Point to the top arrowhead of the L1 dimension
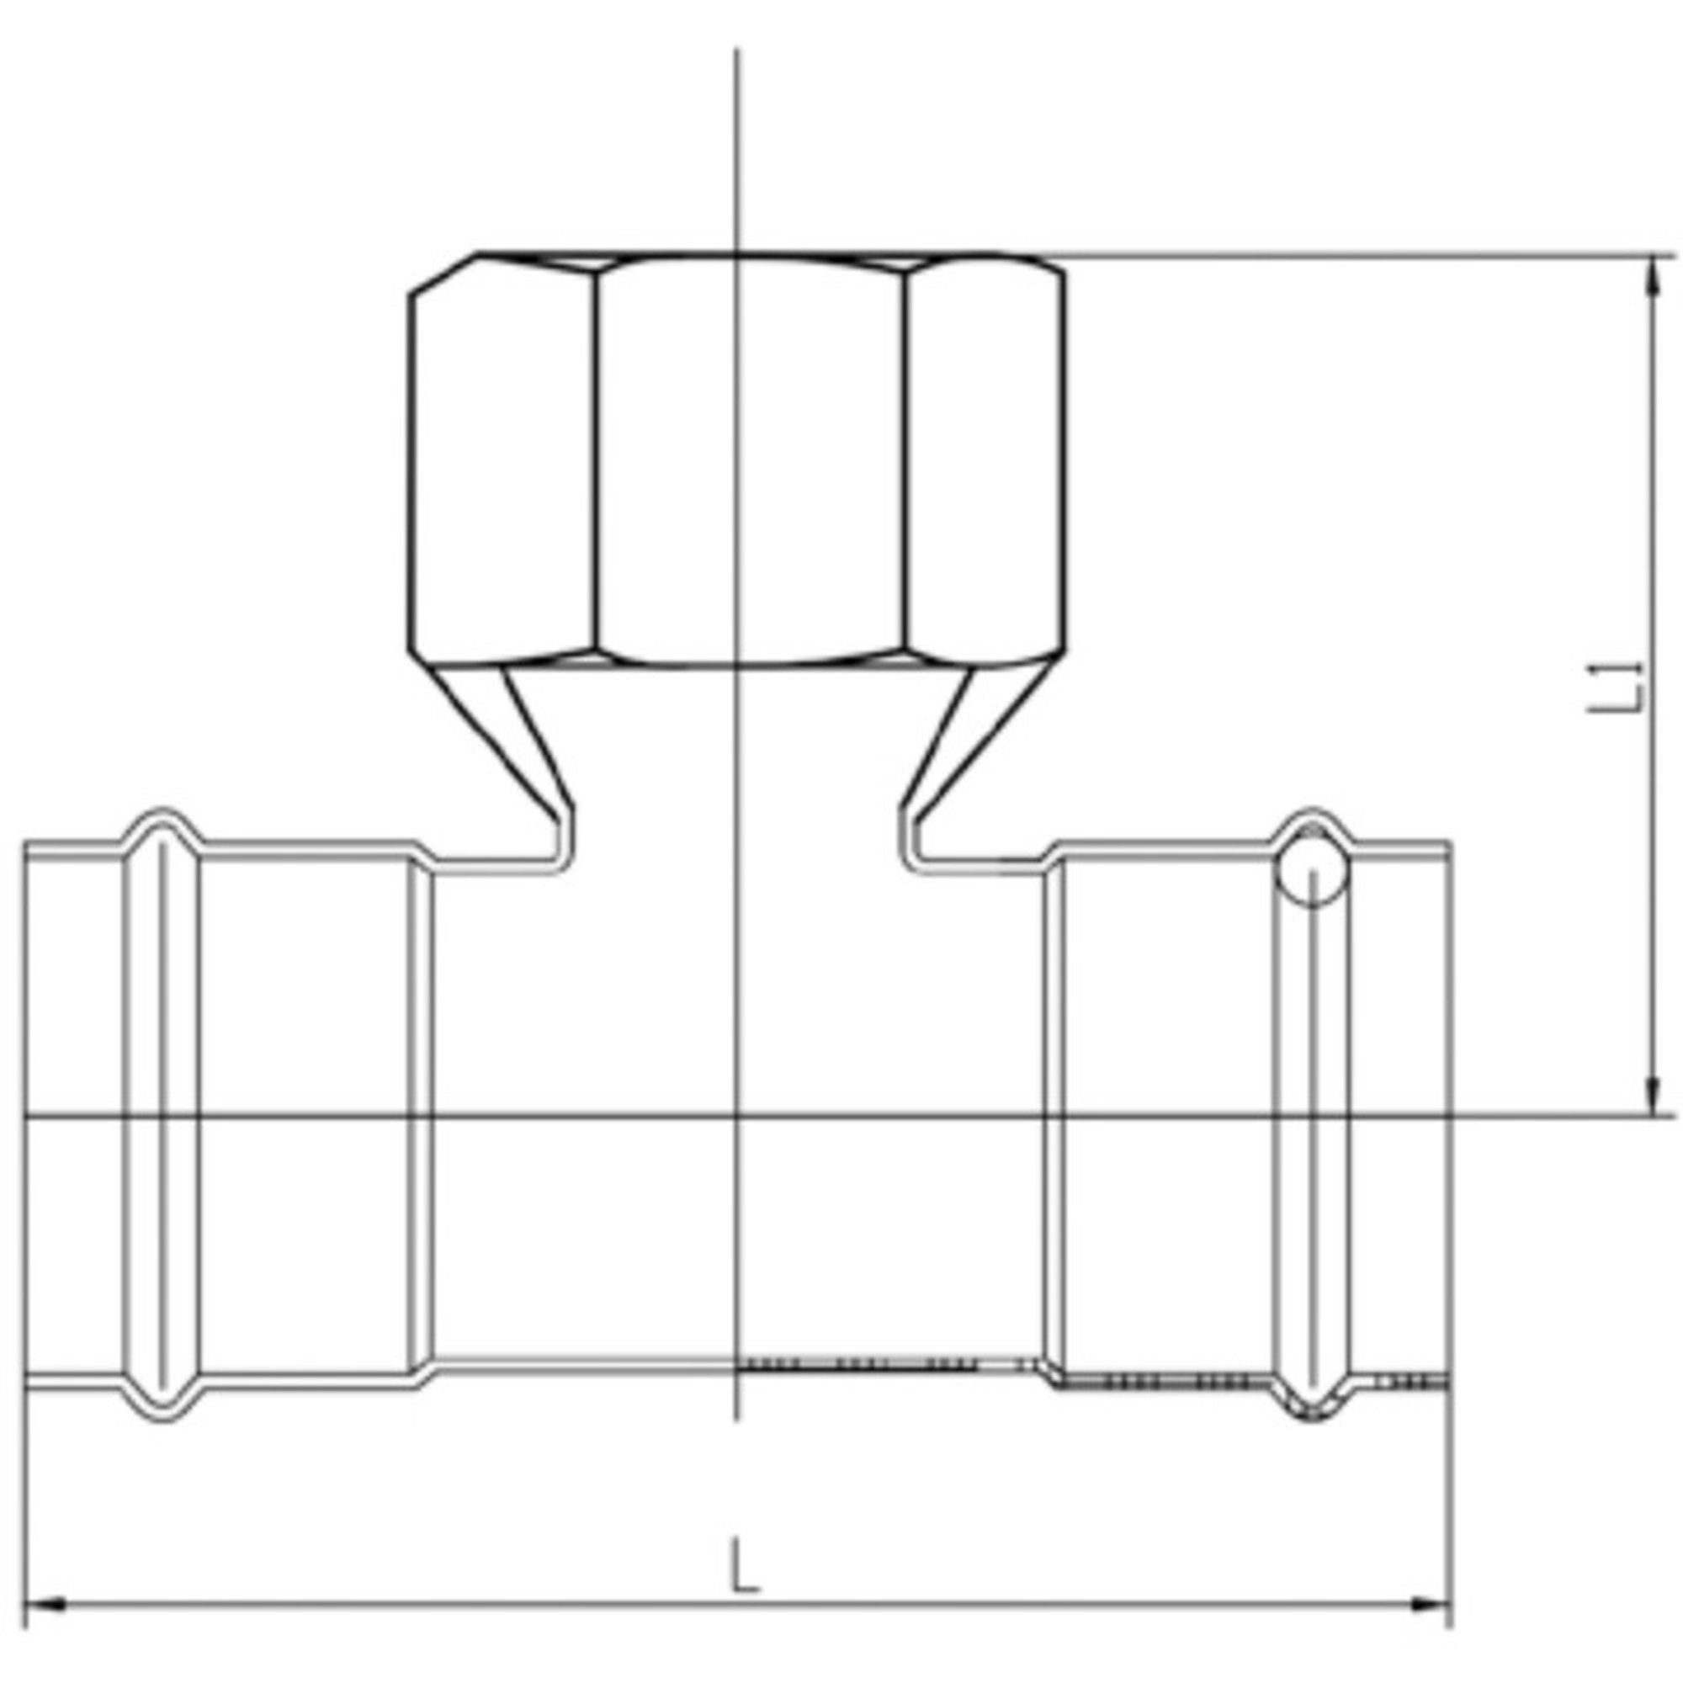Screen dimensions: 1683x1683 pos(1651,279)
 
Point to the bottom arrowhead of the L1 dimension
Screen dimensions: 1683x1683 pos(1651,1094)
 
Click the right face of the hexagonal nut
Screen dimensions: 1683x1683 pos(985,459)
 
